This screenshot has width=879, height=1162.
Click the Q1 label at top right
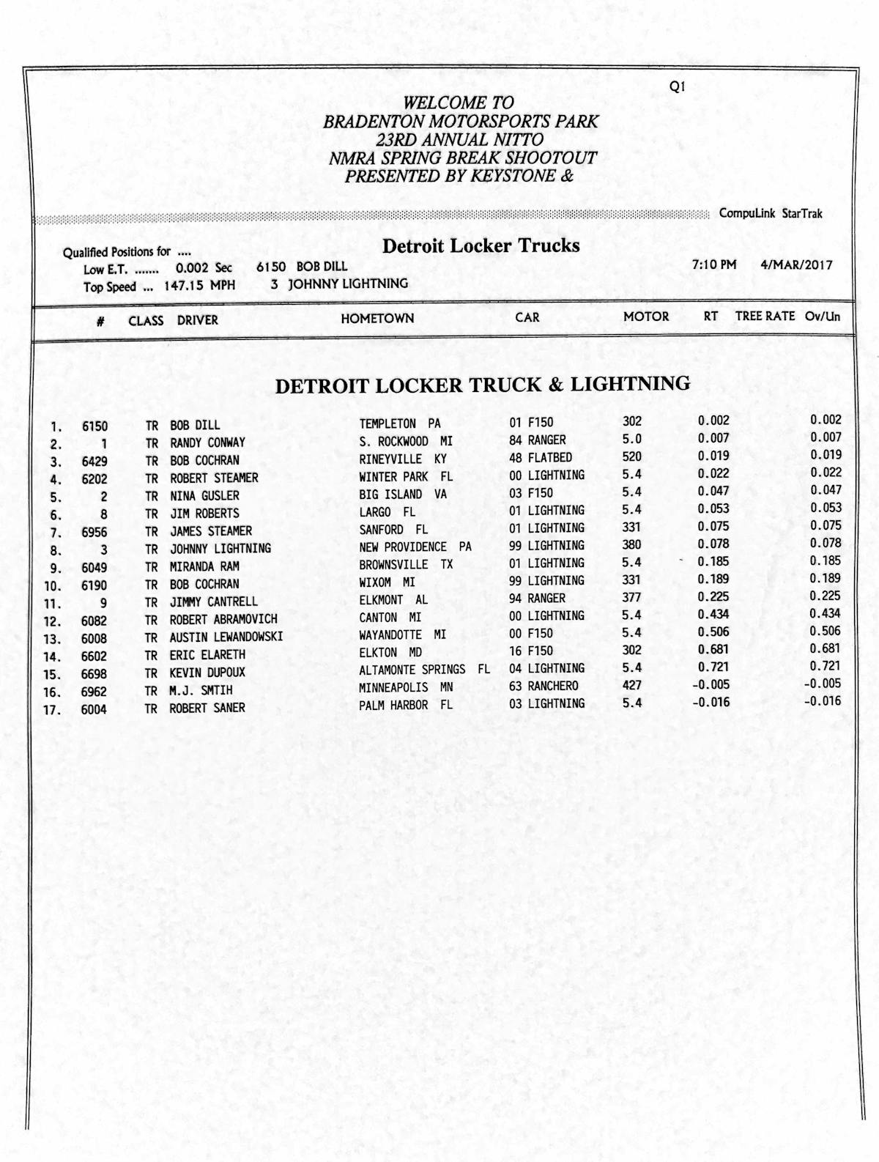pos(677,86)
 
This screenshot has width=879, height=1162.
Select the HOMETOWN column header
pos(377,319)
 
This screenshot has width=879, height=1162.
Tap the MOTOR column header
pos(646,317)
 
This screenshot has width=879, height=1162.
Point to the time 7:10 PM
pos(714,264)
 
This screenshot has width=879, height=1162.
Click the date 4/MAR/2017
pos(797,264)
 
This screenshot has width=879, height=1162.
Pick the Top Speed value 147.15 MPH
pos(199,286)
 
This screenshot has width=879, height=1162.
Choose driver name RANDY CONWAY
pos(207,443)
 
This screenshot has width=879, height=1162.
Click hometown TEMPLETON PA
pos(400,423)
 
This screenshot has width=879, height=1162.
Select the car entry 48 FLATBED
pos(541,458)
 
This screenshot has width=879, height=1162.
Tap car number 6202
pos(94,478)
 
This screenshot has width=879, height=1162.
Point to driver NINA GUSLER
pos(204,495)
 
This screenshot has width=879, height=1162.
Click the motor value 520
pos(631,456)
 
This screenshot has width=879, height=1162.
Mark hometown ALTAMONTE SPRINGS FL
pos(424,670)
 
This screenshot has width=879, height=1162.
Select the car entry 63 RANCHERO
pos(544,686)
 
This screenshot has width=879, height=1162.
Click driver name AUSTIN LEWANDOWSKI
pos(226,637)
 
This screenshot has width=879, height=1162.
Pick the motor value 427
pos(631,685)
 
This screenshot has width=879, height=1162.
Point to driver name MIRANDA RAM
pos(204,566)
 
